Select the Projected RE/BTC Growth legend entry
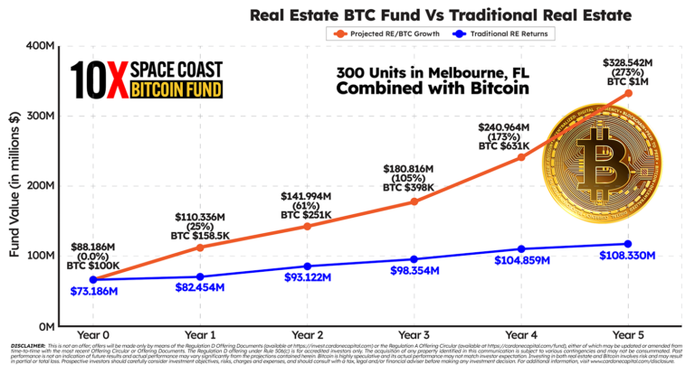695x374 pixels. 391,33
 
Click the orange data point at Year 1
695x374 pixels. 199,247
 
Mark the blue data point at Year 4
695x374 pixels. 519,248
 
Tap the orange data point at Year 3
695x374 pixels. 413,201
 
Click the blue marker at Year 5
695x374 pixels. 626,244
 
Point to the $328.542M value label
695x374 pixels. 627,63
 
